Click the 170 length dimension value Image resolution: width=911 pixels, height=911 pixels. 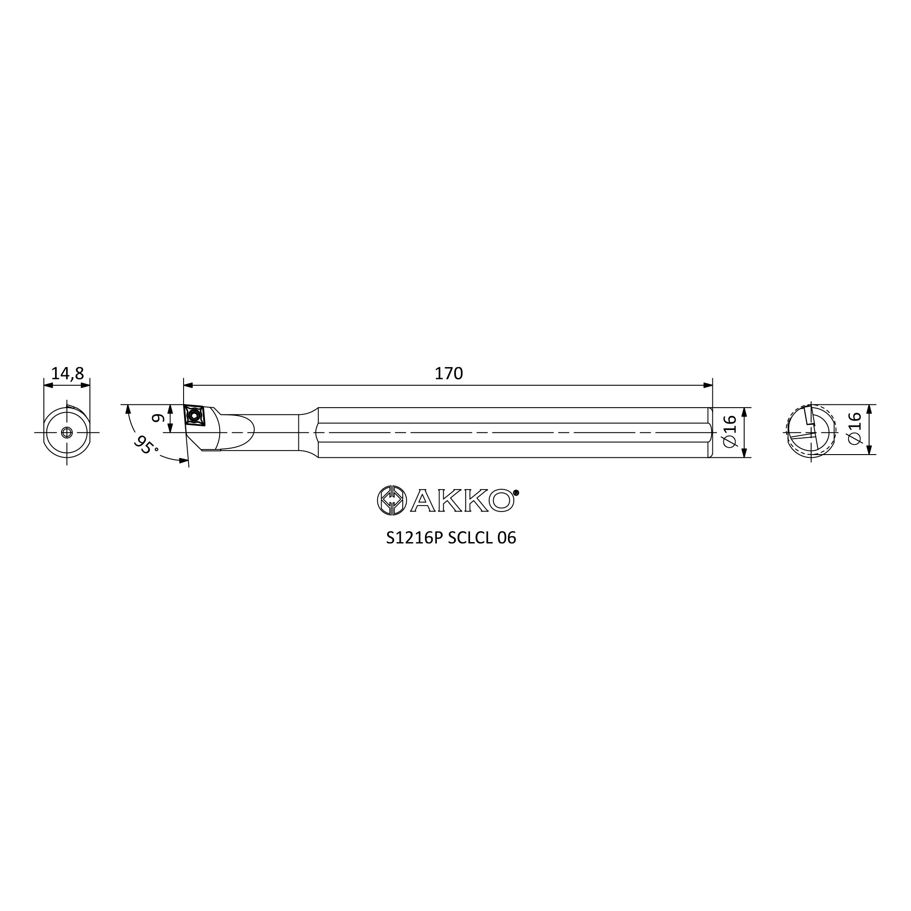(x=448, y=374)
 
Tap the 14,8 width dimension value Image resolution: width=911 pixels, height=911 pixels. (x=67, y=374)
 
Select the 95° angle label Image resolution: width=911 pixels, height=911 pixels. (x=146, y=444)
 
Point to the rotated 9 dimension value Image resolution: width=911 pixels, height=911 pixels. (x=158, y=418)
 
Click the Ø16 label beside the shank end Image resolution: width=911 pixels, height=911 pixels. (x=729, y=432)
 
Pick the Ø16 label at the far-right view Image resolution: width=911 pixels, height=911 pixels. (x=855, y=429)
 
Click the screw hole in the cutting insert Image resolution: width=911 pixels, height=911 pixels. (x=193, y=415)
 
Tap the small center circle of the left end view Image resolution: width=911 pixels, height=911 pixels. (x=67, y=432)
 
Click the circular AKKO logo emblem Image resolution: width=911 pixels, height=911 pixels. (x=392, y=500)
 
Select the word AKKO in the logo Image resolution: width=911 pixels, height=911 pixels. (x=462, y=500)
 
